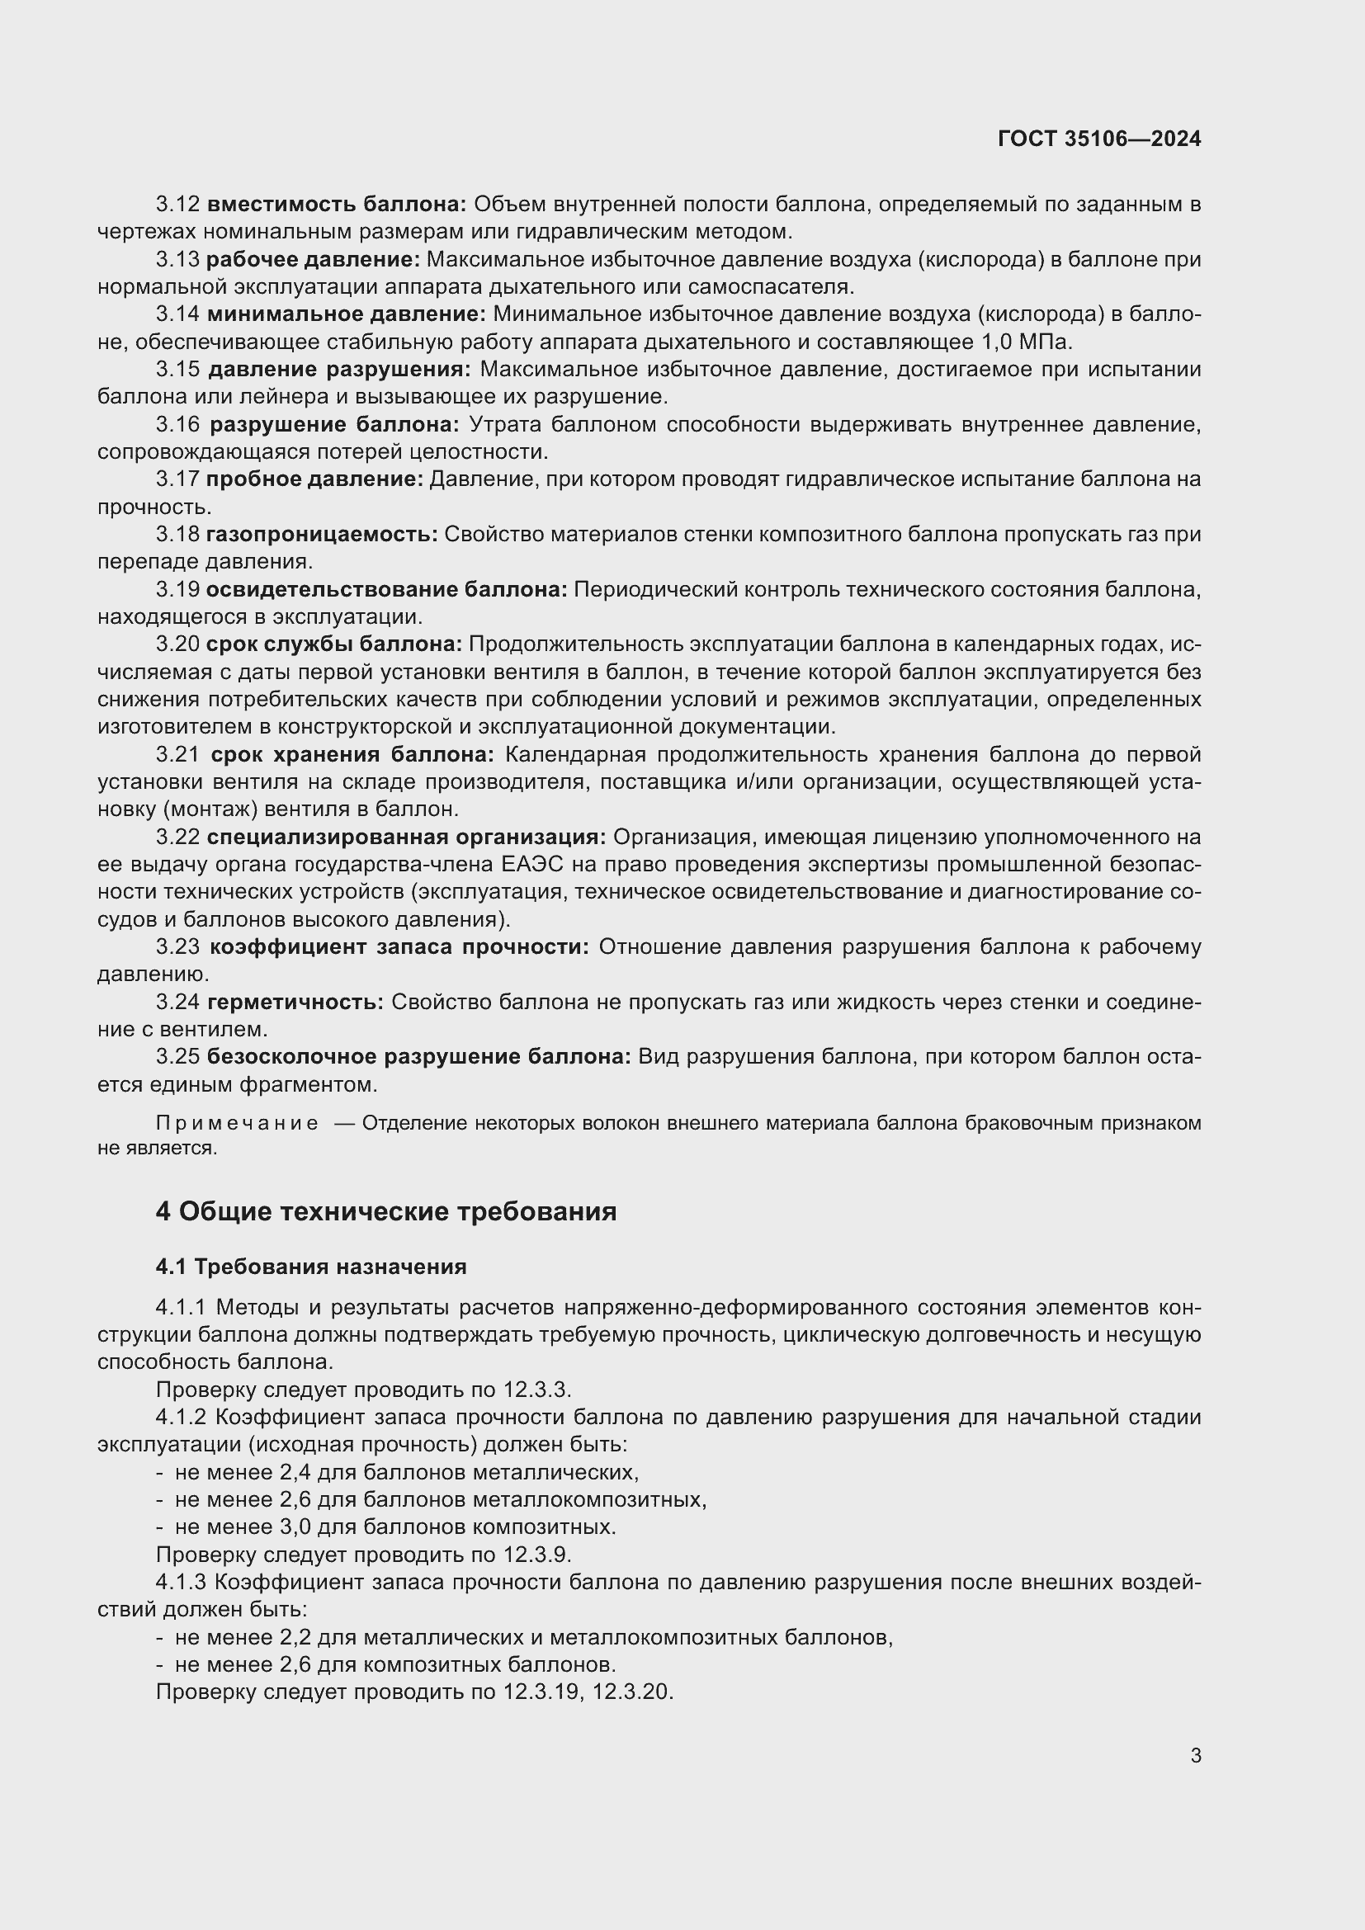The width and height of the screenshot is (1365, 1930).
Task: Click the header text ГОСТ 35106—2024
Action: point(1098,139)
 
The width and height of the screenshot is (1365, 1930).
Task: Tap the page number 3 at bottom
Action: point(1195,1755)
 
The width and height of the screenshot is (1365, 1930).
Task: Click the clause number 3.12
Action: point(177,205)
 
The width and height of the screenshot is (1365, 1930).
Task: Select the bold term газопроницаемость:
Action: point(322,535)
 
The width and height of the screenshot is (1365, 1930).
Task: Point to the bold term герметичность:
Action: point(295,1002)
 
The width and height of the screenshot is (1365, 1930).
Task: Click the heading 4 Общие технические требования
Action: point(385,1211)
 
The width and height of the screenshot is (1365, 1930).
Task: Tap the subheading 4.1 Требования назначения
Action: point(311,1266)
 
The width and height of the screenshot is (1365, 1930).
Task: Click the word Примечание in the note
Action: point(237,1124)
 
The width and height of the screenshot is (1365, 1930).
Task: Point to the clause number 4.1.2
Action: point(181,1418)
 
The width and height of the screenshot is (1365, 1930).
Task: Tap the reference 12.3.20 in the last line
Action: point(632,1692)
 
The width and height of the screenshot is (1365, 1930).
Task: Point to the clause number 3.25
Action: point(177,1057)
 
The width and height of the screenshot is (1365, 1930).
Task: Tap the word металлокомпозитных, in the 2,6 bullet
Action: point(589,1499)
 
